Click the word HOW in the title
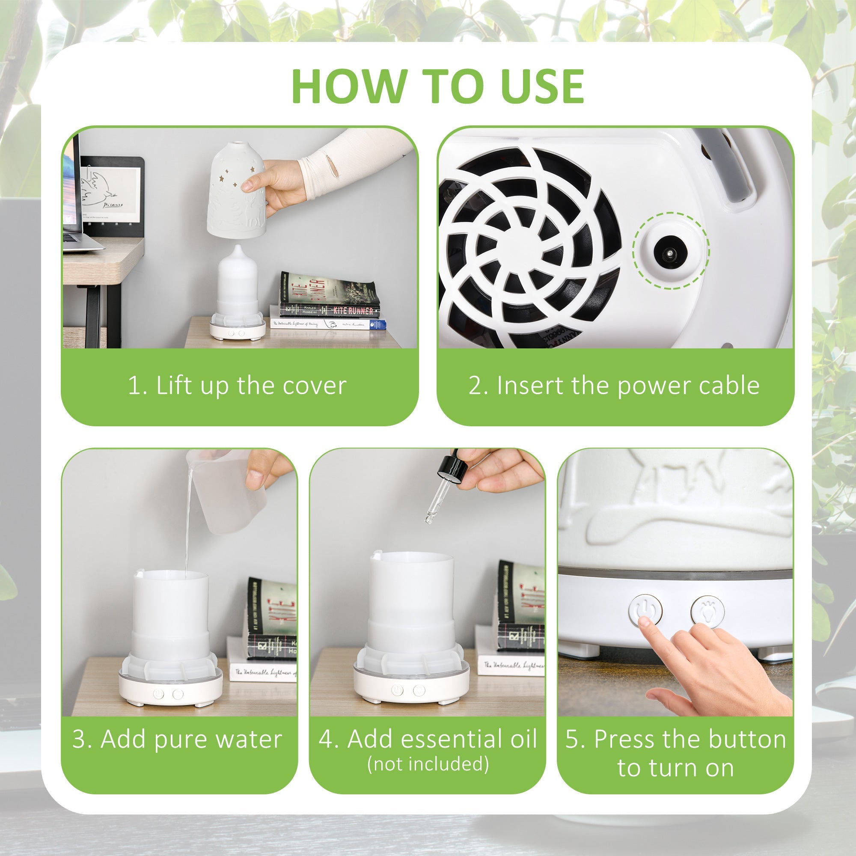tap(349, 86)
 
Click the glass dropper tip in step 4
tap(429, 517)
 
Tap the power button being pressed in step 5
tap(645, 610)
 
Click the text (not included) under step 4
tap(428, 764)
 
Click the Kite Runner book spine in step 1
tap(330, 310)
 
